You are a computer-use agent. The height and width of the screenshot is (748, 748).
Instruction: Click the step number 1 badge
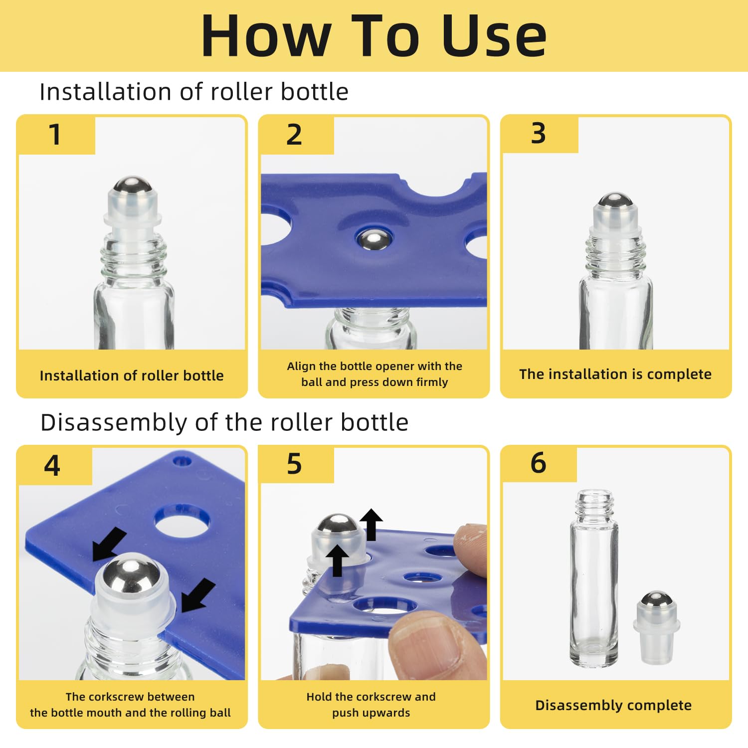56,135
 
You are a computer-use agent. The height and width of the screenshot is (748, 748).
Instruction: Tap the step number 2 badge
296,135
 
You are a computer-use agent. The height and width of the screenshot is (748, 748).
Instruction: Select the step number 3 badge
540,134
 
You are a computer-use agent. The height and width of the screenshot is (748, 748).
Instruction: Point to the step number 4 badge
54,466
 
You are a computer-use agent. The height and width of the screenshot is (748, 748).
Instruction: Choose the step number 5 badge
296,464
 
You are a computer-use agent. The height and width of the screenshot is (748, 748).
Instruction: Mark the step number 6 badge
539,463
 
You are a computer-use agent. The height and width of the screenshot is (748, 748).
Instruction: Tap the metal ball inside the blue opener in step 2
374,239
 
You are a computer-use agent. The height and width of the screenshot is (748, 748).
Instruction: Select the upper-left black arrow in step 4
109,544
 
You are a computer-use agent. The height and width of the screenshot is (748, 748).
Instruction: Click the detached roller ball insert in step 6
657,627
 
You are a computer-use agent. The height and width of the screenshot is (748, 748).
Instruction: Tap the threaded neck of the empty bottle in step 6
593,505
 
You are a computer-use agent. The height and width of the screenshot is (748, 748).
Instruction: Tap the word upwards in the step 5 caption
385,713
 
